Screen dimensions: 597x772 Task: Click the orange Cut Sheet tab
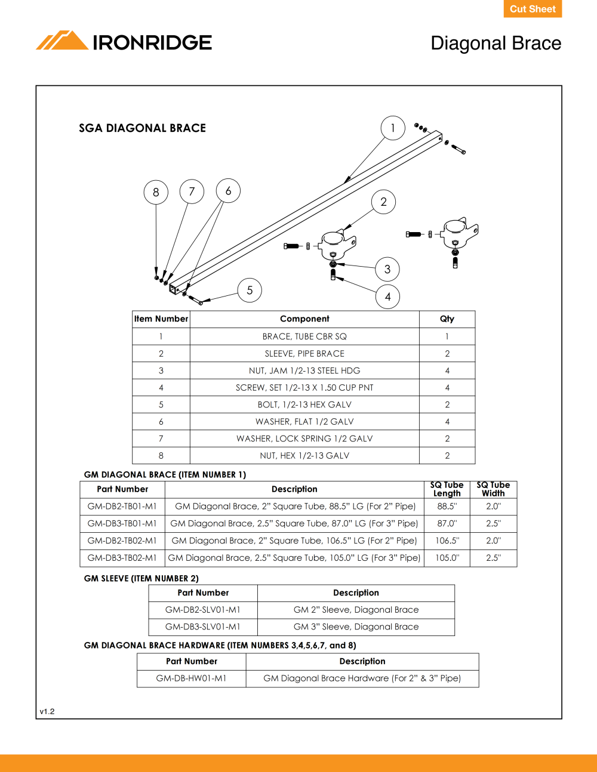tap(533, 8)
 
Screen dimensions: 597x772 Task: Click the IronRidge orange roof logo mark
tap(62, 40)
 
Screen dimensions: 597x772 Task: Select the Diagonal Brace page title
tap(496, 44)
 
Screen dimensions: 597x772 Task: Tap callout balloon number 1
tap(393, 128)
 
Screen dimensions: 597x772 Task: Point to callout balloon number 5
tap(250, 291)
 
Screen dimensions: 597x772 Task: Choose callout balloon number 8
tap(156, 192)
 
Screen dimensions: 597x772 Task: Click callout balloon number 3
tap(387, 269)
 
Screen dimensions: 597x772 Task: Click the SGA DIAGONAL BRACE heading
tap(142, 128)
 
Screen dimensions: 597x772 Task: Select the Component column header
tap(304, 319)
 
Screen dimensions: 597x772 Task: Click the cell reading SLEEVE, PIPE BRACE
tap(304, 354)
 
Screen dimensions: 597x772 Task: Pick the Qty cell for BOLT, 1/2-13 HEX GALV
tap(447, 404)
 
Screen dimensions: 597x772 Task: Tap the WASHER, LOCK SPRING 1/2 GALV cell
tap(304, 439)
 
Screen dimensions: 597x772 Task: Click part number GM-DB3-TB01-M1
tap(122, 523)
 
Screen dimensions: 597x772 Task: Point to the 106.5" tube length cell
tap(447, 541)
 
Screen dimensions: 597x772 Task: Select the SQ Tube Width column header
tap(493, 489)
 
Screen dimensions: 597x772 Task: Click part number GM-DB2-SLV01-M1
tap(203, 610)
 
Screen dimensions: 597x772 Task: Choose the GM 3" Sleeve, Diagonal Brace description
tap(356, 626)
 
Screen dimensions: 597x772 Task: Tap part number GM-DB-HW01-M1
tap(191, 678)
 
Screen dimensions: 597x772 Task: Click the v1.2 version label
tap(47, 711)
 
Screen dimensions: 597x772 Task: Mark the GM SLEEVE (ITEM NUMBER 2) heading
tap(141, 578)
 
